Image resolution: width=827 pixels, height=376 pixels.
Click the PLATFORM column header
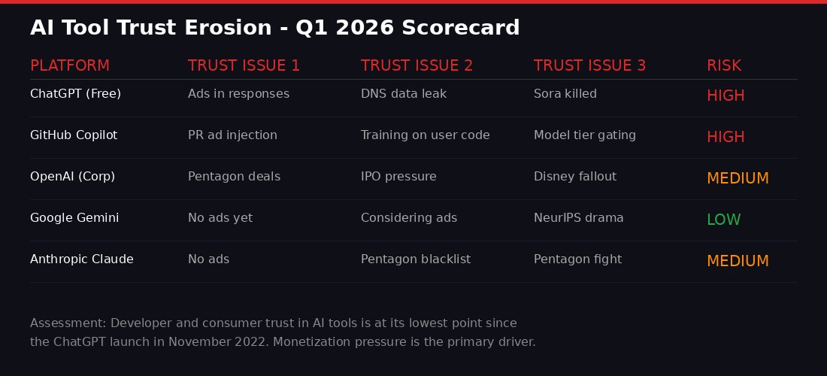(x=70, y=65)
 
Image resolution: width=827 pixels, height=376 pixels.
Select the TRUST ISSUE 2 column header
(x=417, y=65)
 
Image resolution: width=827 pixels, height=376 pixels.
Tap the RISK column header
(x=723, y=65)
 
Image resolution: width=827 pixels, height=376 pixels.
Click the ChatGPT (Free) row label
(x=75, y=94)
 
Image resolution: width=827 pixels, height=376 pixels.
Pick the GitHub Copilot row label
(x=74, y=135)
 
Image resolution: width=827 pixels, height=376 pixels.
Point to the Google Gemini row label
(x=74, y=218)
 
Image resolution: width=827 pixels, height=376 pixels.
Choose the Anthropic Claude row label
(x=82, y=259)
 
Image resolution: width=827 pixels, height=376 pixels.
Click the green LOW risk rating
(x=723, y=220)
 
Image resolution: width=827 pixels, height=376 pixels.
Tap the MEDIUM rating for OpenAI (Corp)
(x=738, y=178)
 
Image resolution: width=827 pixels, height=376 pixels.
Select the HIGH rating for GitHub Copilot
(x=726, y=137)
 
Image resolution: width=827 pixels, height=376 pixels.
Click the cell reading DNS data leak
(x=404, y=94)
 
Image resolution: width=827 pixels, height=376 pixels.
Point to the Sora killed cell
(x=565, y=94)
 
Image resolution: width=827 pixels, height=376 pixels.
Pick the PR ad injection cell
(x=232, y=135)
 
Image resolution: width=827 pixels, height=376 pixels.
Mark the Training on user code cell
(x=426, y=135)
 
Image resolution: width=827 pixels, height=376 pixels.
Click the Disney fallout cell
(x=575, y=177)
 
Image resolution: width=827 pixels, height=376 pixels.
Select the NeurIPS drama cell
(x=579, y=218)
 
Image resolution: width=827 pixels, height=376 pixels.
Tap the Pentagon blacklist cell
(x=416, y=259)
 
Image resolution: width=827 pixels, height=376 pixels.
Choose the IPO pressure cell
(x=398, y=177)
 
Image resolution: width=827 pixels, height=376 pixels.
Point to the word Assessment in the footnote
(x=68, y=323)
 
